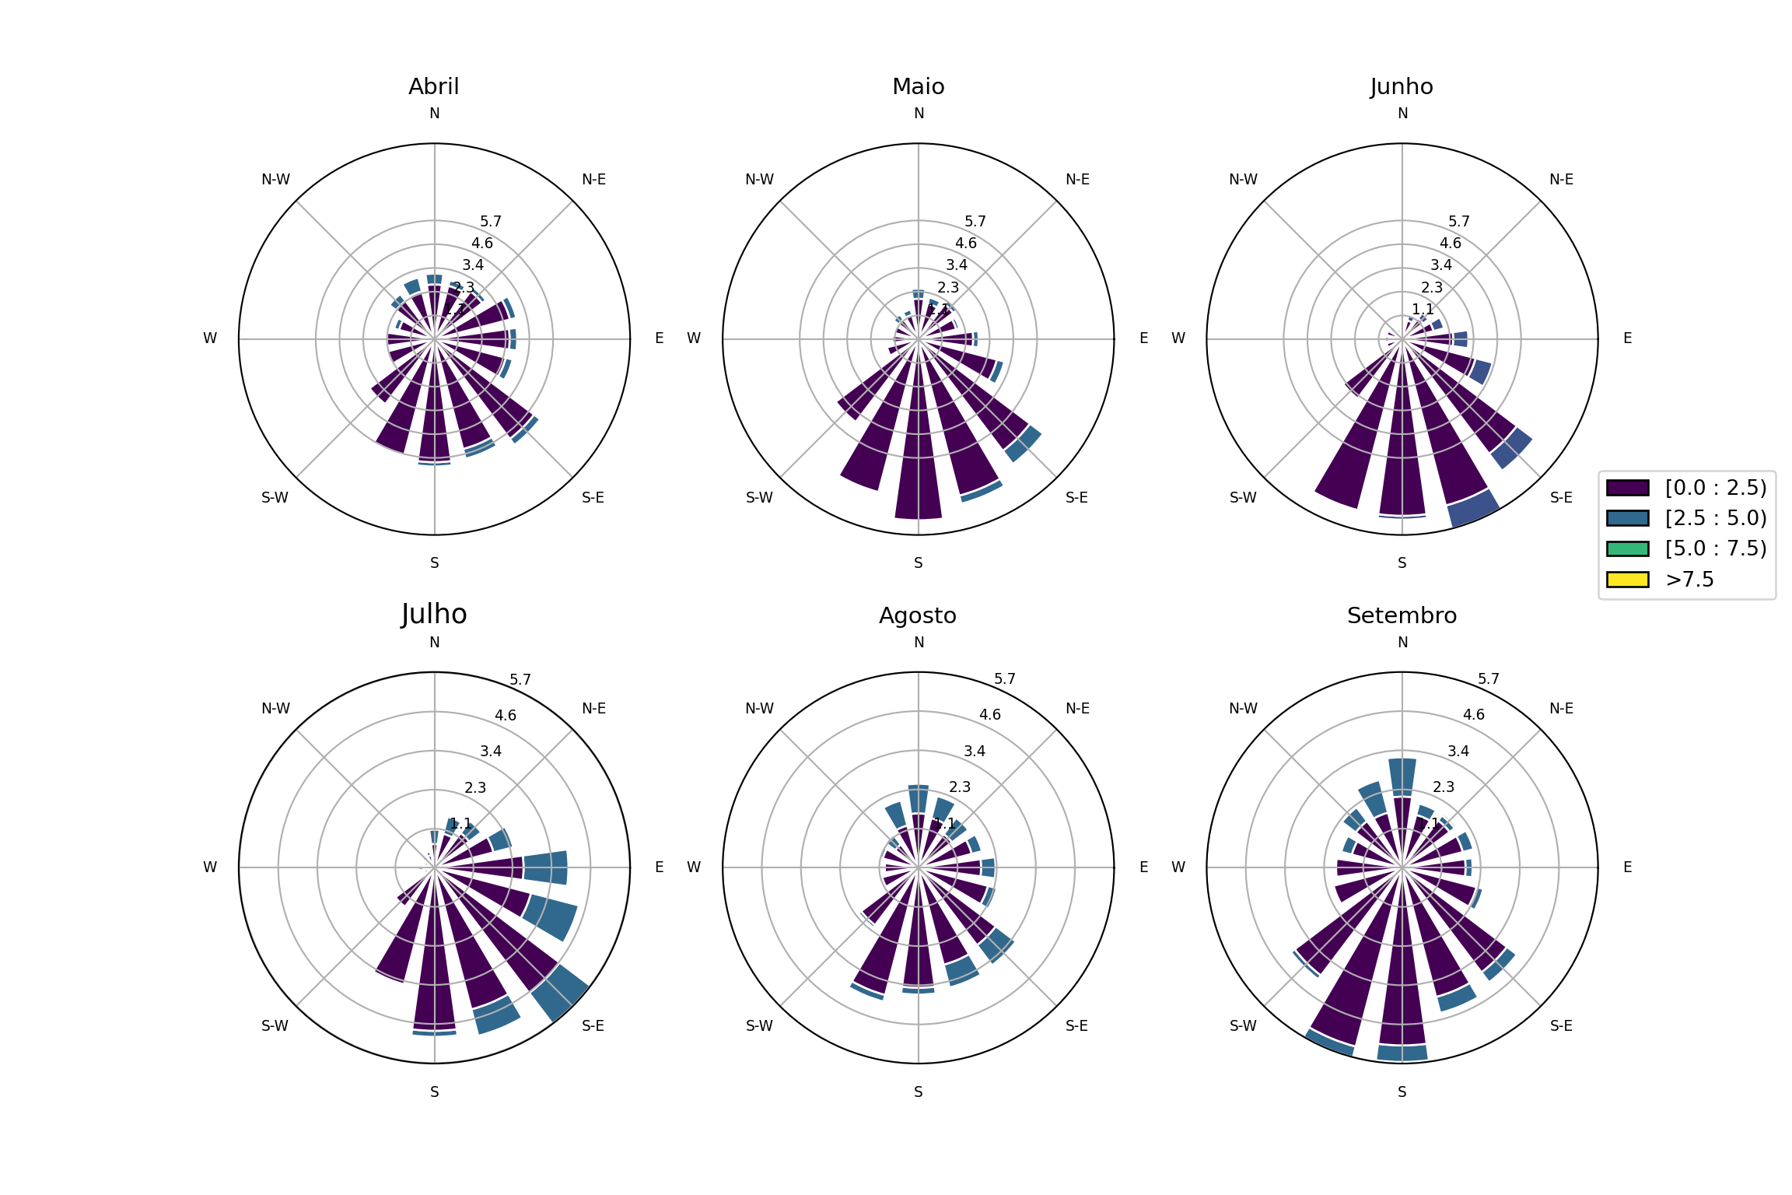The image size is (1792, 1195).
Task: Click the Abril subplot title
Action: (x=434, y=86)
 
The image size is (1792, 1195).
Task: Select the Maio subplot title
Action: (x=918, y=86)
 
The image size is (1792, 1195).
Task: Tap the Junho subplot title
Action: (x=1402, y=86)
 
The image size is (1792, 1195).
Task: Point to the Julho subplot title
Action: (x=434, y=615)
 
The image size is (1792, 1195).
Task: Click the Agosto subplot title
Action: (x=918, y=615)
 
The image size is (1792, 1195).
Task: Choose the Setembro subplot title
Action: (x=1402, y=615)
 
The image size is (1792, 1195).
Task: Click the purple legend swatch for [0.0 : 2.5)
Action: (x=1627, y=488)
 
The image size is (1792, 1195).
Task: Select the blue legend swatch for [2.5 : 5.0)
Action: (x=1627, y=518)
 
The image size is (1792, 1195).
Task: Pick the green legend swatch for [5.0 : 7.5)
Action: (x=1627, y=548)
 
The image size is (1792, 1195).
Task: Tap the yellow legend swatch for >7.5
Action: (x=1627, y=580)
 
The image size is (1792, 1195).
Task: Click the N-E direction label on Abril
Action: (x=594, y=180)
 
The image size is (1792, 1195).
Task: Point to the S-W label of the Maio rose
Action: (x=759, y=498)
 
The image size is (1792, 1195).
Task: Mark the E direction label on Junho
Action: (x=1627, y=338)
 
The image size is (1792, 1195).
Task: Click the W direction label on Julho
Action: (x=210, y=867)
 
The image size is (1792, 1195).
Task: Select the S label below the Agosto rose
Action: (x=919, y=1092)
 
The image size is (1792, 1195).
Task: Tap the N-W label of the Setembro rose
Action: (x=1243, y=709)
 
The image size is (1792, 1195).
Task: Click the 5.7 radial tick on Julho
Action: (x=520, y=680)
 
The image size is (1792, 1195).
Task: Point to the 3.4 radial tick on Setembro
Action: (x=1458, y=752)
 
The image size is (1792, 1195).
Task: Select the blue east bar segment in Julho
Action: (x=545, y=867)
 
